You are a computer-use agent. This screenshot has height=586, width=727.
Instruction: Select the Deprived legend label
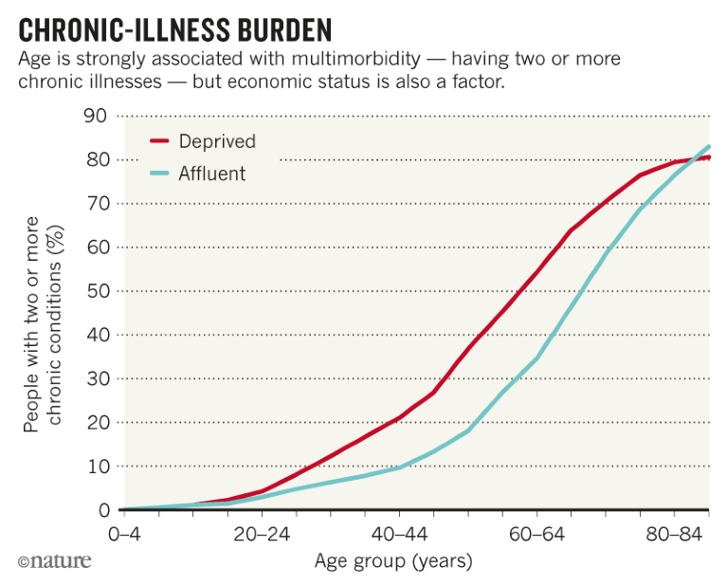(217, 141)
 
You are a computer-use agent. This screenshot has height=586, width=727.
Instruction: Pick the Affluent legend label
(211, 174)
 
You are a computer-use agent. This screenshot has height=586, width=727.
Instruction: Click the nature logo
(55, 561)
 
